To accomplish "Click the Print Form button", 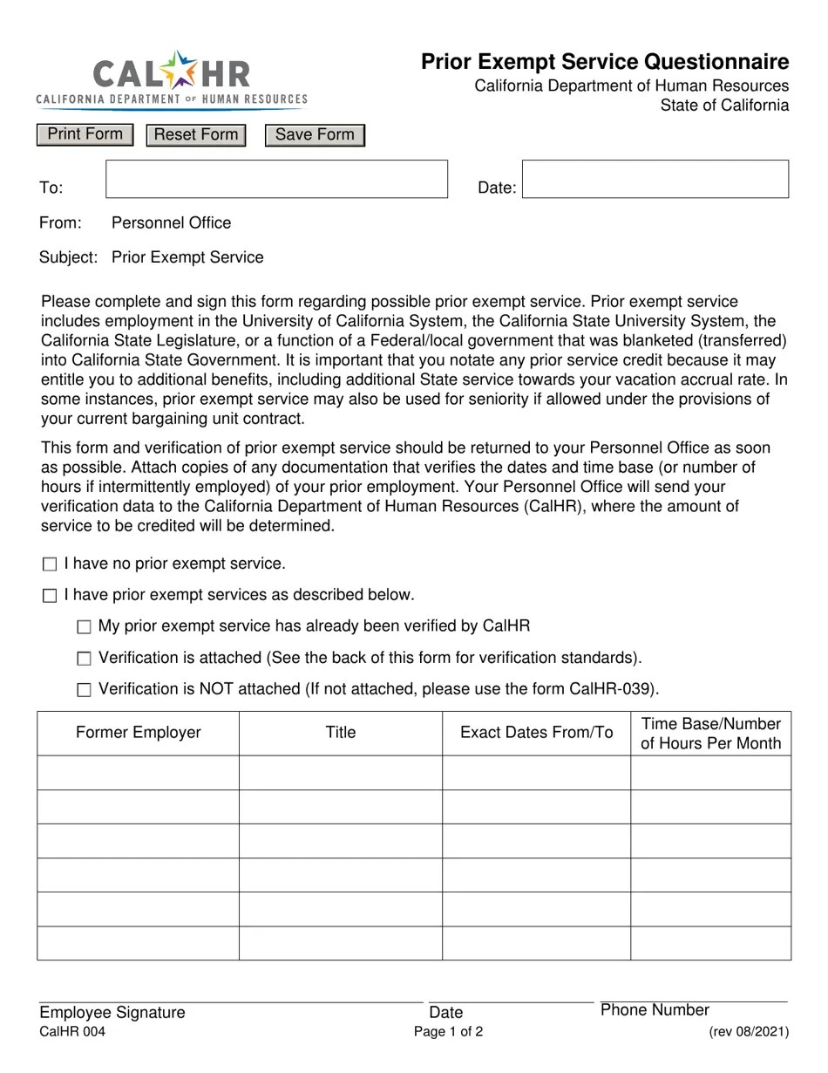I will [85, 134].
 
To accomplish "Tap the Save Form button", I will [315, 135].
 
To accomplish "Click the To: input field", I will [276, 179].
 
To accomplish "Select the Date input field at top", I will [655, 179].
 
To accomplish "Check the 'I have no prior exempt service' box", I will [50, 564].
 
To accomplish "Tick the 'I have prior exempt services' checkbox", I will [50, 596].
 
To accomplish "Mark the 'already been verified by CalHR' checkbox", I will [84, 627].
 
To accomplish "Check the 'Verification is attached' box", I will [84, 659].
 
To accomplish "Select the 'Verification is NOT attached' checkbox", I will [84, 690].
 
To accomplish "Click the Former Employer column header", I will [138, 733].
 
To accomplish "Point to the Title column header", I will [340, 733].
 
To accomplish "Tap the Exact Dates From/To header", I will [536, 733].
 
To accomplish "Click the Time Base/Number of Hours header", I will [710, 733].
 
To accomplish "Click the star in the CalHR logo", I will [181, 70].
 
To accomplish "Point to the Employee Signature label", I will [112, 1012].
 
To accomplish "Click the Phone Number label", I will [655, 1010].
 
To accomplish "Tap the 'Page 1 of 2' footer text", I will [448, 1032].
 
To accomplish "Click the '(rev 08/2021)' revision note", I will [749, 1032].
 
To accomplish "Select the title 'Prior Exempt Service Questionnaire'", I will [605, 62].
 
